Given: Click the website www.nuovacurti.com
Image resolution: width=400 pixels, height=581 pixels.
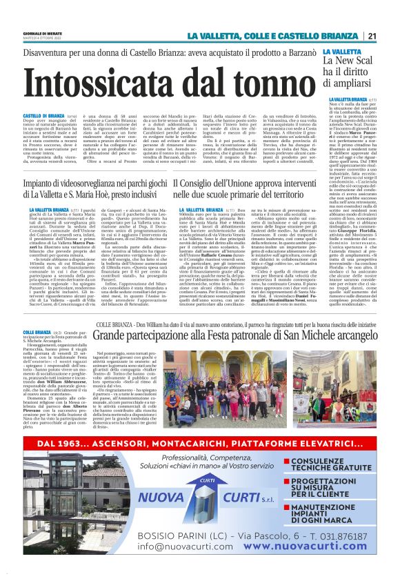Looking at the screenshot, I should click(312, 545).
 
